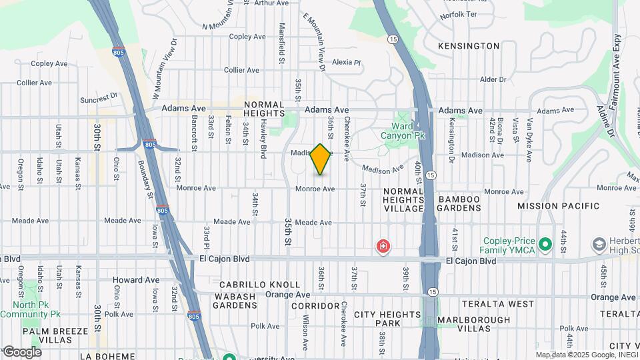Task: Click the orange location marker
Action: tap(321, 159)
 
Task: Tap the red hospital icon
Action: tap(383, 247)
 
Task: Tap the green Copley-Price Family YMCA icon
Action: tap(545, 245)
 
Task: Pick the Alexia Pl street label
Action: tap(346, 62)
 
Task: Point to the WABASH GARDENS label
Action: tap(235, 301)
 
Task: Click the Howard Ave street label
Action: tap(136, 280)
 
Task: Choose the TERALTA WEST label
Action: tap(495, 304)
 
